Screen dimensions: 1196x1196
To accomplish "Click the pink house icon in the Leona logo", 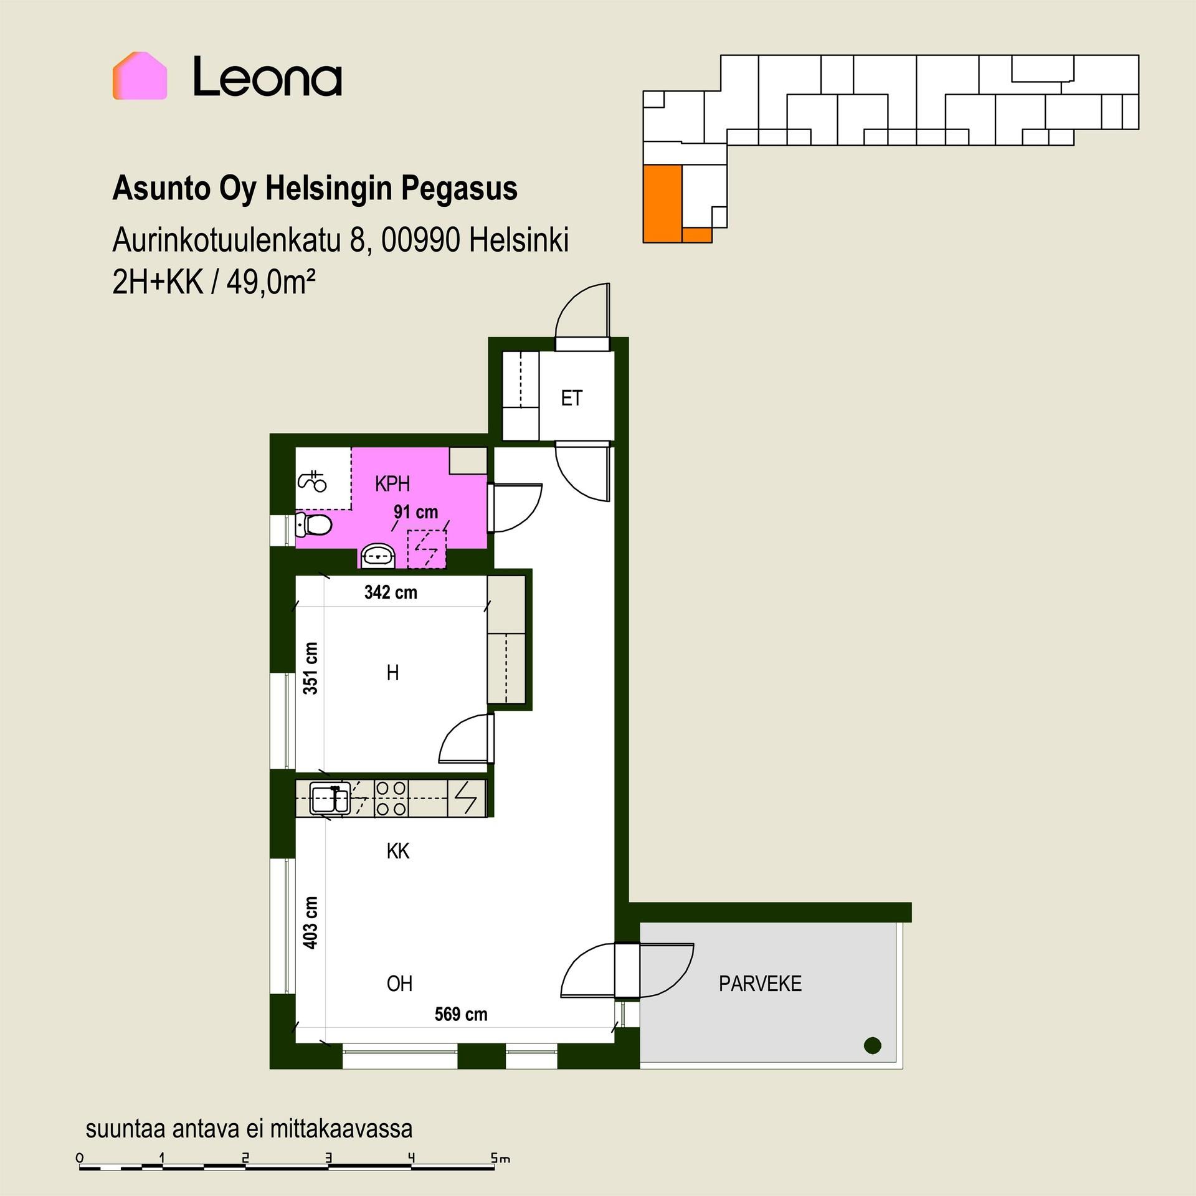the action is tap(140, 75).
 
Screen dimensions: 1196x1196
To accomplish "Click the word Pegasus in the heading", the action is tap(458, 188).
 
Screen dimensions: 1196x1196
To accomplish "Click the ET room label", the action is tap(571, 398).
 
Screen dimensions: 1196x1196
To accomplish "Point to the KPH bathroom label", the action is tap(392, 483).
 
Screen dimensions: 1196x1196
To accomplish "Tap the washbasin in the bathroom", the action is tap(377, 555).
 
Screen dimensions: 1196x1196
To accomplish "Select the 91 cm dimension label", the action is tap(415, 512).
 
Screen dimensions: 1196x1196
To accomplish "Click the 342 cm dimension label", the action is tap(391, 592).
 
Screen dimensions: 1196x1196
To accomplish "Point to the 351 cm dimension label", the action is tap(310, 668).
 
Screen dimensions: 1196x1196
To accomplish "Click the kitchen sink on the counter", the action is tap(330, 799).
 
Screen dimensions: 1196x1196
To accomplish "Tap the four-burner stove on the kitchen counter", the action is tap(391, 799).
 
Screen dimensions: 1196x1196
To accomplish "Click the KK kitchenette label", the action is tap(398, 851).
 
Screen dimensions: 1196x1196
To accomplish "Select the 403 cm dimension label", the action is tap(310, 923).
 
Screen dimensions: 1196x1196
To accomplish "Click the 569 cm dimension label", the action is tap(461, 1014).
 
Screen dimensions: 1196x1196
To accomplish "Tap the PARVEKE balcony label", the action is tap(760, 984).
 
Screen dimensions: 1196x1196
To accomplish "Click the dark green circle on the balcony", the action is tap(873, 1045).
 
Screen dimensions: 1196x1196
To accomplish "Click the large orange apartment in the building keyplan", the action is tap(663, 203).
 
